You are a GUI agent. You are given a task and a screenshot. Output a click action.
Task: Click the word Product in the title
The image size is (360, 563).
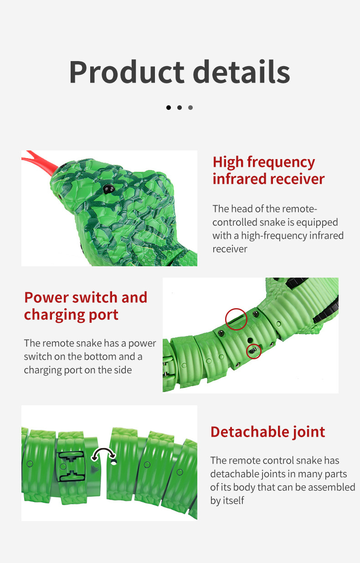coord(127,72)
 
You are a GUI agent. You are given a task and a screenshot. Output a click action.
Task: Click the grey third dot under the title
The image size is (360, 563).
coord(190,108)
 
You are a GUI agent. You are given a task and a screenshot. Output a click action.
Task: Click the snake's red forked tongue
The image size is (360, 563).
coord(40,161)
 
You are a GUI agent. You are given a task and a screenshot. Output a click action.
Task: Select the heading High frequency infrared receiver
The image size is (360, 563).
coord(268,170)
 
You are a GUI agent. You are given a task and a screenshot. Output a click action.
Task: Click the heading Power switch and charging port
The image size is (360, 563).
coord(86,306)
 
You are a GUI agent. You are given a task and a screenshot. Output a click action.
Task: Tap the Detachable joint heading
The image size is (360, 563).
coord(268,432)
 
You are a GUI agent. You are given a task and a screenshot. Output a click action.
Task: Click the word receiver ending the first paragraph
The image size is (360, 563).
coord(230,249)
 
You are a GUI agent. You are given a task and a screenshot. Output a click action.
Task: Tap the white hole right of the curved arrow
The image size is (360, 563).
coord(114,462)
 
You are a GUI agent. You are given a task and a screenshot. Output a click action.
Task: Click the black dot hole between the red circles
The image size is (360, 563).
coord(250,341)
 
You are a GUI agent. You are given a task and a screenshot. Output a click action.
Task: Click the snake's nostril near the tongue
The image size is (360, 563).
coord(59,196)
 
